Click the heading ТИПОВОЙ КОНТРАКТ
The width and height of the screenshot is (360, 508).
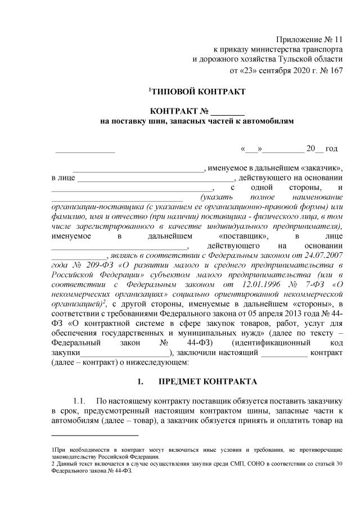tap(198, 92)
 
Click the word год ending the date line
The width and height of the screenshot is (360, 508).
tap(331, 148)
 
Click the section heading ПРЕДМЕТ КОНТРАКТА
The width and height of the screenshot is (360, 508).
tap(208, 382)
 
